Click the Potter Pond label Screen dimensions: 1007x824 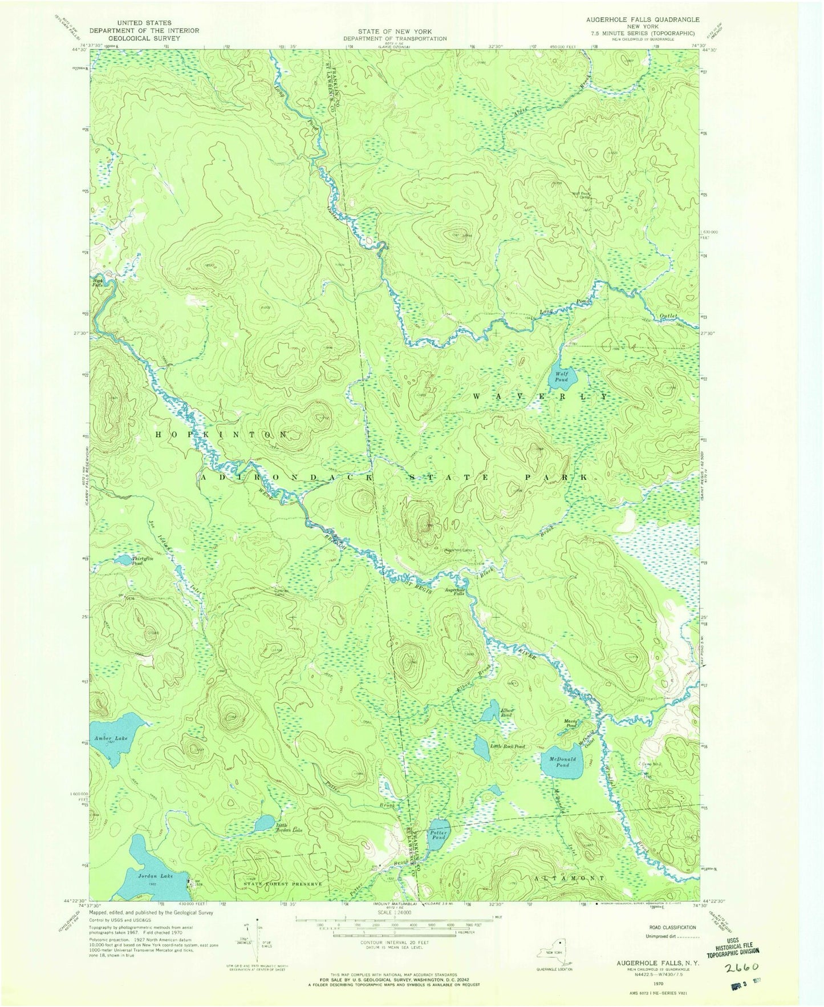[x=439, y=835]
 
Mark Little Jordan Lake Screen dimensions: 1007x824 [x=265, y=822]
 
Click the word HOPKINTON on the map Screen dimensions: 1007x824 [x=222, y=435]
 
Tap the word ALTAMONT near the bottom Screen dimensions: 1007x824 [x=570, y=879]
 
